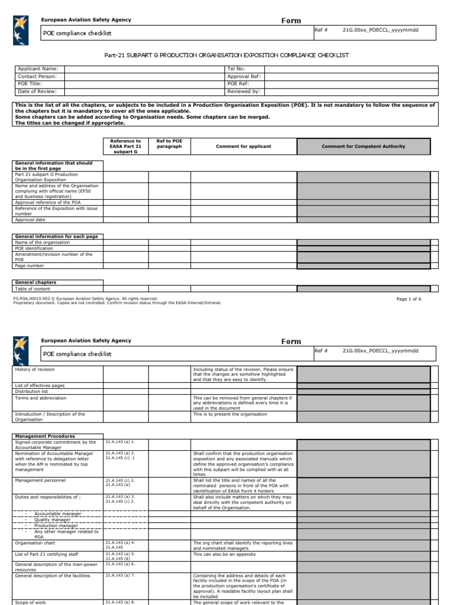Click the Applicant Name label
pos(38,69)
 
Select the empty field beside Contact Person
pos(144,76)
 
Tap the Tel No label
pos(236,69)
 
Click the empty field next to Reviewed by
pos(351,92)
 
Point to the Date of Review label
pos(37,92)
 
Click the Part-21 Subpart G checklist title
pos(226,55)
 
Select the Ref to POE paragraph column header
pos(169,144)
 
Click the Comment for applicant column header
pos(243,147)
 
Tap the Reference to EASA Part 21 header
pos(126,147)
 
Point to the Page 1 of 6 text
pos(408,299)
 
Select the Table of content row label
pos(33,289)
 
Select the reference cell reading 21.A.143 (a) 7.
pos(120,575)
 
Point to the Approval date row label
pos(30,220)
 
